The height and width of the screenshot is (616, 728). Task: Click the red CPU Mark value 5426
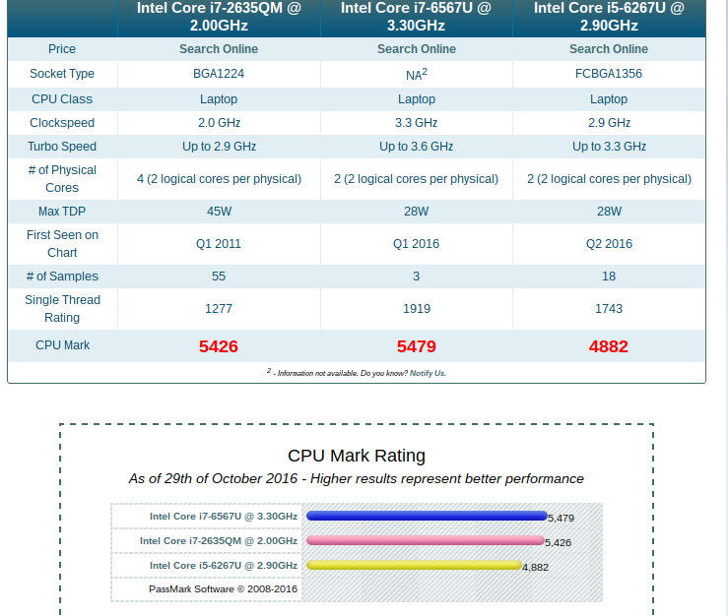tap(219, 346)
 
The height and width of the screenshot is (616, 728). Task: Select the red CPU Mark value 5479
tap(417, 346)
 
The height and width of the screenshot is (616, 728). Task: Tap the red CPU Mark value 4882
tap(609, 346)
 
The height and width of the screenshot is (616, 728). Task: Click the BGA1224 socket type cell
tap(219, 74)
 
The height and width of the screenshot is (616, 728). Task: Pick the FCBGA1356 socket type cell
tap(609, 74)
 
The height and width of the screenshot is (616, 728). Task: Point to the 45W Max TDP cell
tap(219, 212)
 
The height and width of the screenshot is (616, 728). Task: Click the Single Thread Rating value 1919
tap(417, 309)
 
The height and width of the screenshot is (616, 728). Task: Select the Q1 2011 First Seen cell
tap(219, 244)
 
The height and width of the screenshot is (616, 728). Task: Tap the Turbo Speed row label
tap(62, 147)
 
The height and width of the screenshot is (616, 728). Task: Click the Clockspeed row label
tap(62, 123)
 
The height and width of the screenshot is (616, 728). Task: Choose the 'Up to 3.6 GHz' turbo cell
tap(417, 147)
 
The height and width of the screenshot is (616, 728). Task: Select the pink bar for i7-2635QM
tap(425, 540)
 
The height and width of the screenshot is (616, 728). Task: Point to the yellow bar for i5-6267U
tap(414, 565)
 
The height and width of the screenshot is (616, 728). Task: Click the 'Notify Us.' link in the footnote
tap(428, 374)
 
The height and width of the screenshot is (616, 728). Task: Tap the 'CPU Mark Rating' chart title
tap(357, 456)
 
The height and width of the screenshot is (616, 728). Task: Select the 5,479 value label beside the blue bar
tap(561, 518)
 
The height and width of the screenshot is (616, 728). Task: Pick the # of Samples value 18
tap(609, 277)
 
